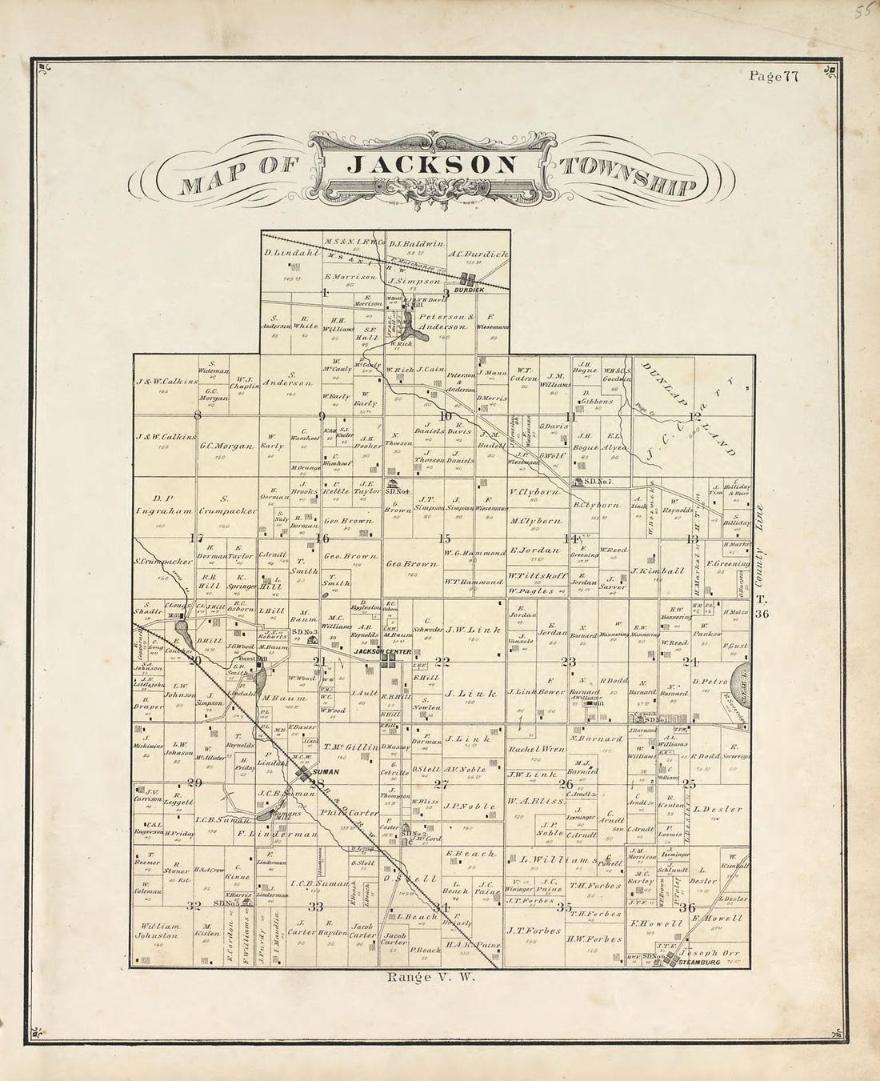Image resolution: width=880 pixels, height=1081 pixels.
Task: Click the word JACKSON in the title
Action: click(x=433, y=166)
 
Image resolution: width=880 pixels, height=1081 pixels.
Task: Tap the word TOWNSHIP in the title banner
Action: click(x=629, y=177)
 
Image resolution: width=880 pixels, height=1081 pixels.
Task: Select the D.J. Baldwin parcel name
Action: click(x=417, y=242)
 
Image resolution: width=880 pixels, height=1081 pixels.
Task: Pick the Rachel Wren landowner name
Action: click(x=535, y=749)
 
